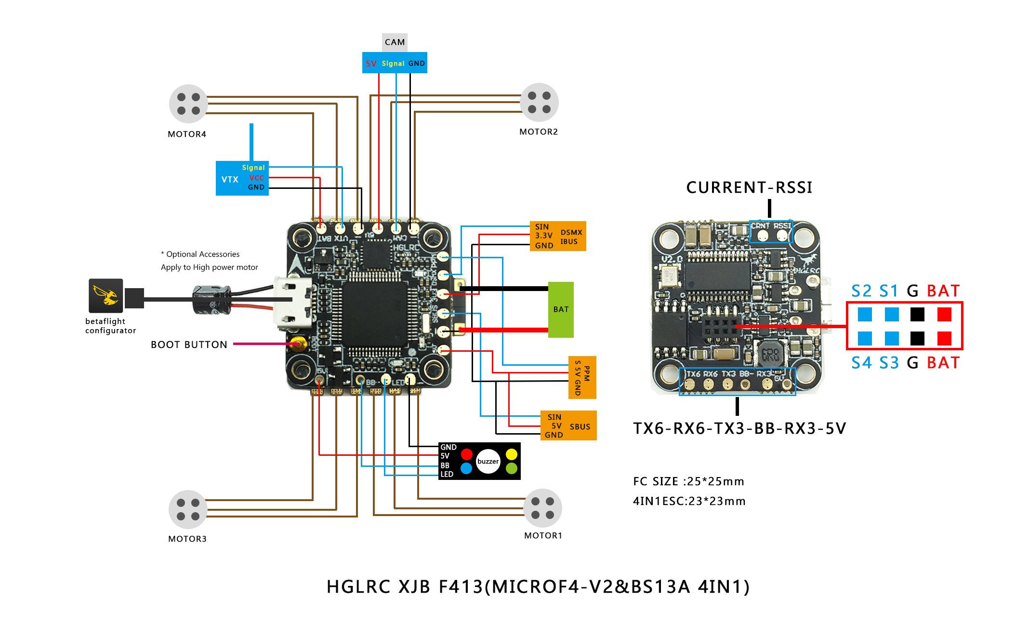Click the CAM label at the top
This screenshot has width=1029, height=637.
click(x=395, y=42)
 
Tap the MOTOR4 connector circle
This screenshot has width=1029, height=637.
click(x=188, y=104)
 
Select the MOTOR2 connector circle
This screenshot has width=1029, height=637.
click(x=539, y=102)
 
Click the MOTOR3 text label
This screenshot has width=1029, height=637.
click(x=187, y=539)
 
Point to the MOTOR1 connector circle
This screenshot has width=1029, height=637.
click(x=542, y=508)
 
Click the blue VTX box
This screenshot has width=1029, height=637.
click(x=242, y=178)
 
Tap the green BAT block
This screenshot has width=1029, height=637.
click(x=561, y=309)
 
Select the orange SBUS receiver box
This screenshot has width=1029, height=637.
click(x=568, y=425)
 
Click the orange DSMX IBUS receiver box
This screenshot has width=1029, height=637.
click(x=558, y=236)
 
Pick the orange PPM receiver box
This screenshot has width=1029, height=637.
click(x=582, y=377)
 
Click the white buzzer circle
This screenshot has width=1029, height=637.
click(x=488, y=461)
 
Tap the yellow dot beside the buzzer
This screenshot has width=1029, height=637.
click(x=512, y=454)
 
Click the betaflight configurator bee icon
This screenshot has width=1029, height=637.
click(x=106, y=295)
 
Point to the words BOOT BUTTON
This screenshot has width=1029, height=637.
click(x=189, y=345)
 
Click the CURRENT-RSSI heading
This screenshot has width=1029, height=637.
click(x=749, y=187)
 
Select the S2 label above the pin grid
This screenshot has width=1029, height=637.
click(x=861, y=291)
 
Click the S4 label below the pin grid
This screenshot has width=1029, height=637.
click(x=861, y=363)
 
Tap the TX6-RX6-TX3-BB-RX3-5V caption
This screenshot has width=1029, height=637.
click(x=739, y=428)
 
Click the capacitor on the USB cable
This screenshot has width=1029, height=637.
click(x=212, y=300)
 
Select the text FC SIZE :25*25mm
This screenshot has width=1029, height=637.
click(x=688, y=481)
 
